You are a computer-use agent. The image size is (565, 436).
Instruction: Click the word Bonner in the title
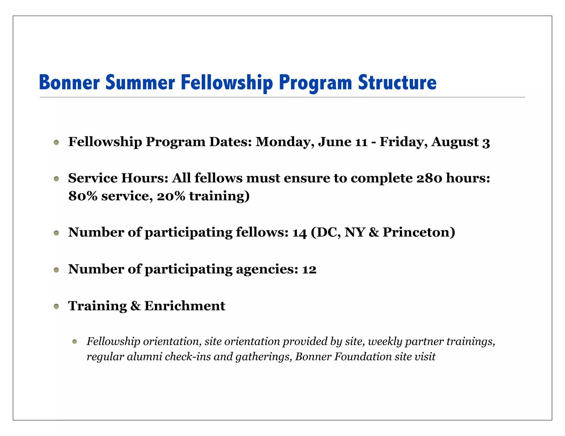pos(69,82)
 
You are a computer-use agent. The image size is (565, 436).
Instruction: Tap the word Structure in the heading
pos(397,82)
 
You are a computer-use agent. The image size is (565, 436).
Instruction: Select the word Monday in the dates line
pos(285,142)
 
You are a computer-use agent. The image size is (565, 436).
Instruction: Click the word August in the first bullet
pos(455,142)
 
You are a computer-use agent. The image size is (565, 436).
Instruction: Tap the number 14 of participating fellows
pos(300,233)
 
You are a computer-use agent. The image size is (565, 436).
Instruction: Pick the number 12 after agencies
pos(309,269)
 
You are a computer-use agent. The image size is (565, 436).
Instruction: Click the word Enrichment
pos(185,306)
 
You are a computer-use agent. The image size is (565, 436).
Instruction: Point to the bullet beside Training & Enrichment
pos(57,306)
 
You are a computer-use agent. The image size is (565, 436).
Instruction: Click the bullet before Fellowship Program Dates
pos(57,142)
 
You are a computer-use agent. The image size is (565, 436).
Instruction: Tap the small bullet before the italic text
pos(74,342)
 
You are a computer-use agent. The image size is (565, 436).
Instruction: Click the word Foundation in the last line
pos(363,357)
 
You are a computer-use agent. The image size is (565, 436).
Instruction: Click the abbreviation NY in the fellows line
pos(355,232)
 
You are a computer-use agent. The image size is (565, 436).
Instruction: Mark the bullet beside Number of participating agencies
pos(57,270)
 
